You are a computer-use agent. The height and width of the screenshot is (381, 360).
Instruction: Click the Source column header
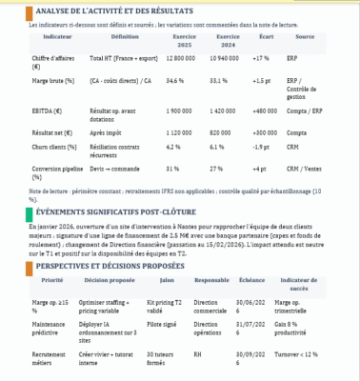[x=305, y=38]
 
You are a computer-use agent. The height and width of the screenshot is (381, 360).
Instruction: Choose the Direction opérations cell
[x=210, y=330]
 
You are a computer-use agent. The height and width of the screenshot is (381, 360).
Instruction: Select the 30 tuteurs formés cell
[x=164, y=358]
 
